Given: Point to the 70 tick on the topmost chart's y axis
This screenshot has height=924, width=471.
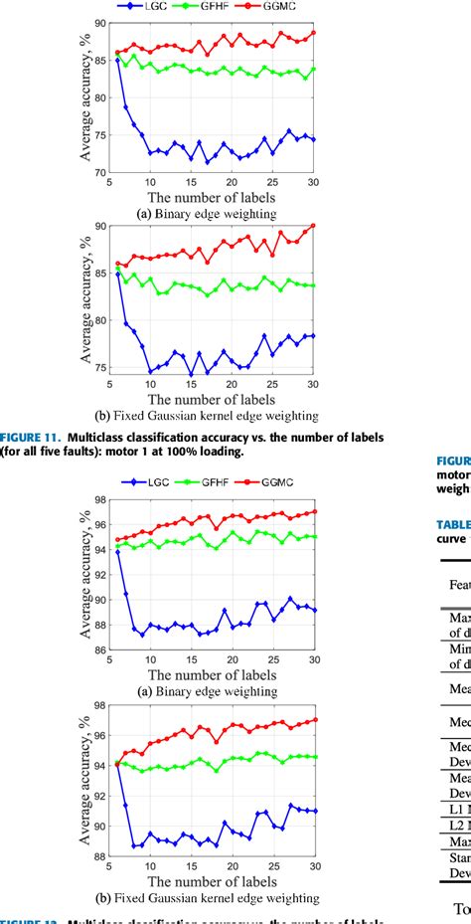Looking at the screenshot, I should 97,172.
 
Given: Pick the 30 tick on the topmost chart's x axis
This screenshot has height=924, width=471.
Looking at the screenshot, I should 314,182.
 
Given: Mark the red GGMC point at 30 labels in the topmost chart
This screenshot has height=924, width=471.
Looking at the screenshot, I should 314,33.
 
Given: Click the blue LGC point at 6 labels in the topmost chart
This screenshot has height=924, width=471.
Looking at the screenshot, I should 117,60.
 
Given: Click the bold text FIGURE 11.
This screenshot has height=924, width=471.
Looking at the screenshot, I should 29,437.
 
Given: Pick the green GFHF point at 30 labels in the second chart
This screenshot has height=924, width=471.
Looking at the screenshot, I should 314,285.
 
